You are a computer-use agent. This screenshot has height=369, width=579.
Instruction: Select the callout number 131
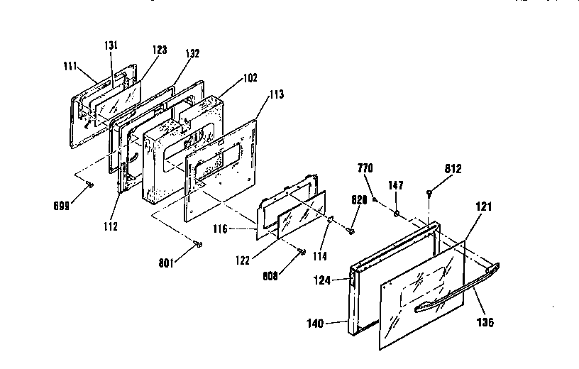coord(111,45)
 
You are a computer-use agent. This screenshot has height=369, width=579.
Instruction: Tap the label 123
coord(159,50)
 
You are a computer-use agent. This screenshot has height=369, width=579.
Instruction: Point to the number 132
coord(193,53)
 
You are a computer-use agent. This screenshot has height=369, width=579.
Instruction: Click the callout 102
coord(229,77)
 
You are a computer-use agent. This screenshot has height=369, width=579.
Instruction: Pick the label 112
coord(109,227)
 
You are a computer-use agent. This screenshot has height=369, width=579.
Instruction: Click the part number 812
coord(453,169)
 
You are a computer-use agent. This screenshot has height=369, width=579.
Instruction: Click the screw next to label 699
coord(88,184)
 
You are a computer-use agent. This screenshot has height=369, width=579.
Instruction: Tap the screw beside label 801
coord(198,244)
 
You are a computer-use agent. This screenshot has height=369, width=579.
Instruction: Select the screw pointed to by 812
coord(430,192)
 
